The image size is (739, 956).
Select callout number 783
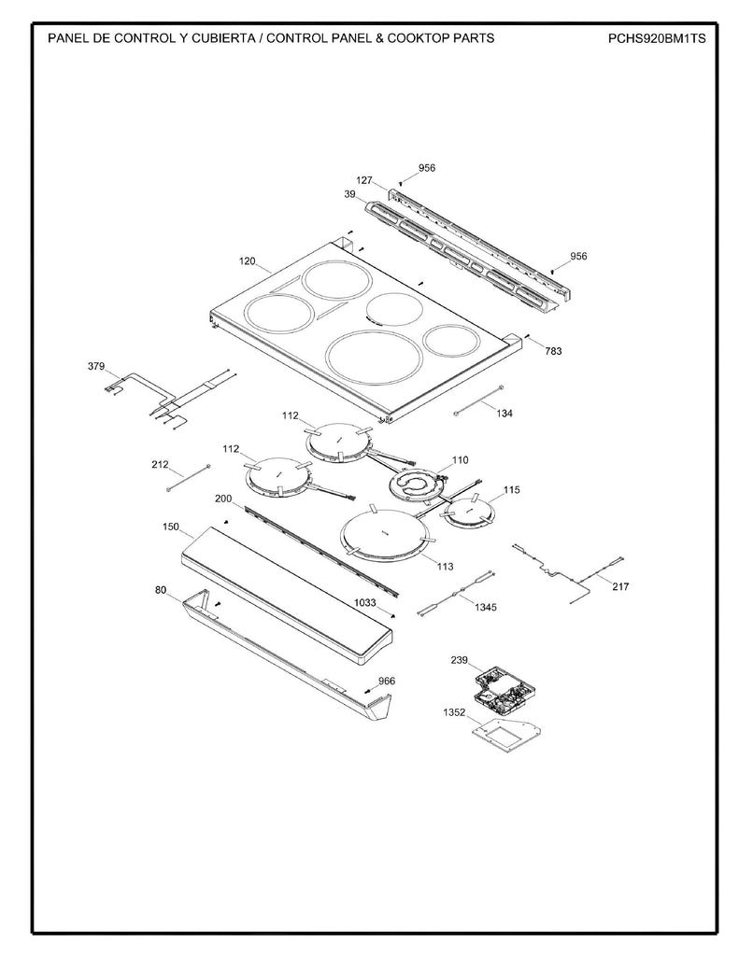[x=553, y=351]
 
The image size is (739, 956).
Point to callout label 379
[x=96, y=367]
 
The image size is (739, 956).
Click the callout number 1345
[x=485, y=607]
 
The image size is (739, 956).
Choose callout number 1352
[x=454, y=711]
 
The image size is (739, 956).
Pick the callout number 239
[x=458, y=660]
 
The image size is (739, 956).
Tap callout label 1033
[x=365, y=604]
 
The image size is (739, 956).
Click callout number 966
[x=386, y=681]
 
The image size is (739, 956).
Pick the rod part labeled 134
[x=478, y=399]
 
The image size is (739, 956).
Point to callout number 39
[x=349, y=194]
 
